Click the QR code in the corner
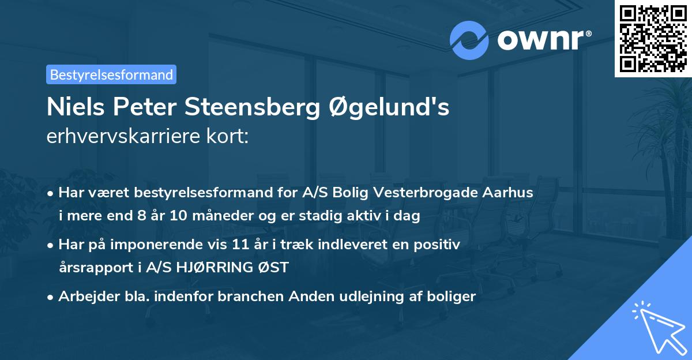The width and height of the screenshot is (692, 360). click(x=653, y=38)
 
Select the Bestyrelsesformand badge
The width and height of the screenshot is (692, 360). click(x=111, y=74)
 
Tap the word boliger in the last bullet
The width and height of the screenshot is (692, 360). click(x=453, y=297)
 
